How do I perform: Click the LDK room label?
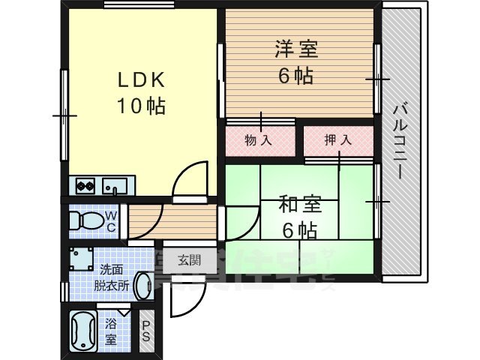(x=139, y=80)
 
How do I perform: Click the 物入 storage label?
(x=259, y=140)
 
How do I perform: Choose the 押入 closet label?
(x=338, y=140)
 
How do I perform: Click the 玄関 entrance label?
(x=188, y=260)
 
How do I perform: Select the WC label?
(x=110, y=221)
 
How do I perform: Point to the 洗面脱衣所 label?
(x=112, y=277)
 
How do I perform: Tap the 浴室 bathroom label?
(x=112, y=331)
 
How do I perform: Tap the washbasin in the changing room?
(x=142, y=286)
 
